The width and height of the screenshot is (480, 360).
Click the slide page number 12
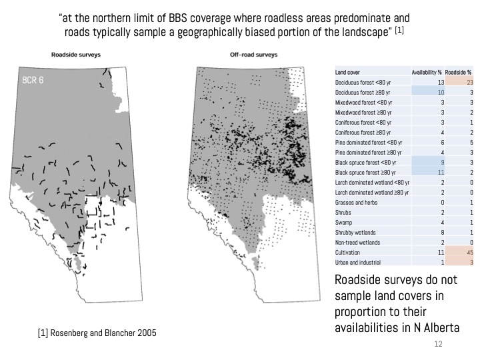[438, 343]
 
